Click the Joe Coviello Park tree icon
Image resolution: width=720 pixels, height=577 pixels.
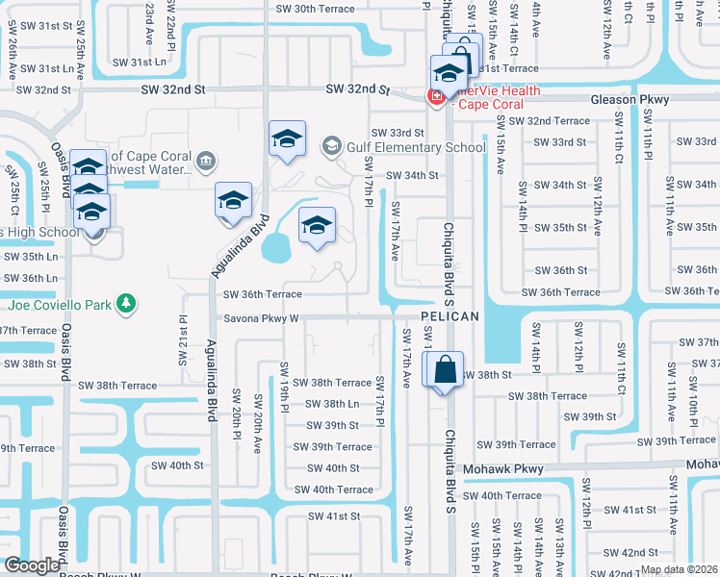pyautogui.click(x=124, y=305)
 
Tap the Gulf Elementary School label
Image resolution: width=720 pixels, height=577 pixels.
pyautogui.click(x=418, y=147)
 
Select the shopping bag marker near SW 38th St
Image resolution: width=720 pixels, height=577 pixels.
pyautogui.click(x=445, y=369)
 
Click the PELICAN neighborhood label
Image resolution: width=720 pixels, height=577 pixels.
pyautogui.click(x=450, y=316)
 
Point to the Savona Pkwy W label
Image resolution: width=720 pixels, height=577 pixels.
pyautogui.click(x=262, y=318)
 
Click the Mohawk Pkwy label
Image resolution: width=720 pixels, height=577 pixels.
pyautogui.click(x=503, y=469)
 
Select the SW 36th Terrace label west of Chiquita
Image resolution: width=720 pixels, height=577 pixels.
pyautogui.click(x=263, y=294)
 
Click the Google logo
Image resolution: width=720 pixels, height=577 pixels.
pyautogui.click(x=32, y=564)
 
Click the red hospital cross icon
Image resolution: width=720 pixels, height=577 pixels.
pyautogui.click(x=436, y=95)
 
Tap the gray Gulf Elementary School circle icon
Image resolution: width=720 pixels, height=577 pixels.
pyautogui.click(x=332, y=146)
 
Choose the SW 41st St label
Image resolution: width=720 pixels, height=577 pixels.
pyautogui.click(x=333, y=516)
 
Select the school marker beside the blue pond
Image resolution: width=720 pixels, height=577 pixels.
pyautogui.click(x=317, y=227)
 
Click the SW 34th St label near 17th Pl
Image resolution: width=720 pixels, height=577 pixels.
pyautogui.click(x=412, y=175)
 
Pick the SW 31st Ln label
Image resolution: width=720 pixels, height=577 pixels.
pyautogui.click(x=46, y=68)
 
